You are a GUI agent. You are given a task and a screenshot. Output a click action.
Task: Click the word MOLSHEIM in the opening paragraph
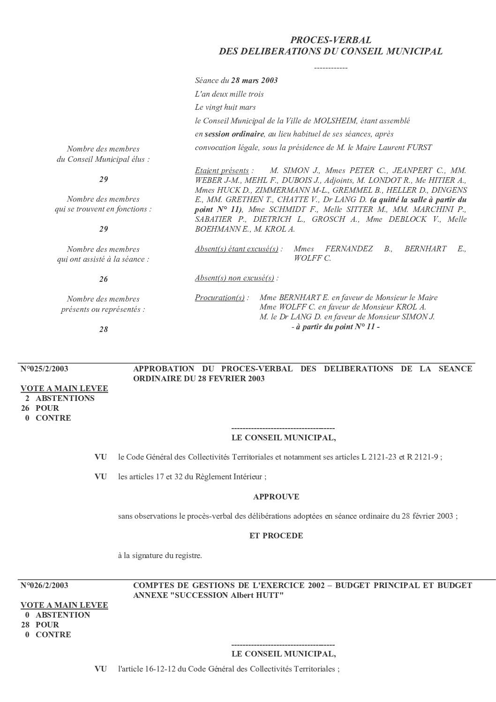click(339, 121)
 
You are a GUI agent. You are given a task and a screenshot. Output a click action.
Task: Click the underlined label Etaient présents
click(222, 171)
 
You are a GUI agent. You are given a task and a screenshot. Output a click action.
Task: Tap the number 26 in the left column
click(104, 279)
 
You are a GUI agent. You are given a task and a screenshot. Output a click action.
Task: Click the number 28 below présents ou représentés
click(104, 330)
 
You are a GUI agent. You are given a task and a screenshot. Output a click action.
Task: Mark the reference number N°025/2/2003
click(45, 369)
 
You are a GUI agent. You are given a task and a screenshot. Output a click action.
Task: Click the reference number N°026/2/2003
click(45, 586)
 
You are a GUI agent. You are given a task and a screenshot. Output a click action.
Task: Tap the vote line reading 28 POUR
click(40, 625)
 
